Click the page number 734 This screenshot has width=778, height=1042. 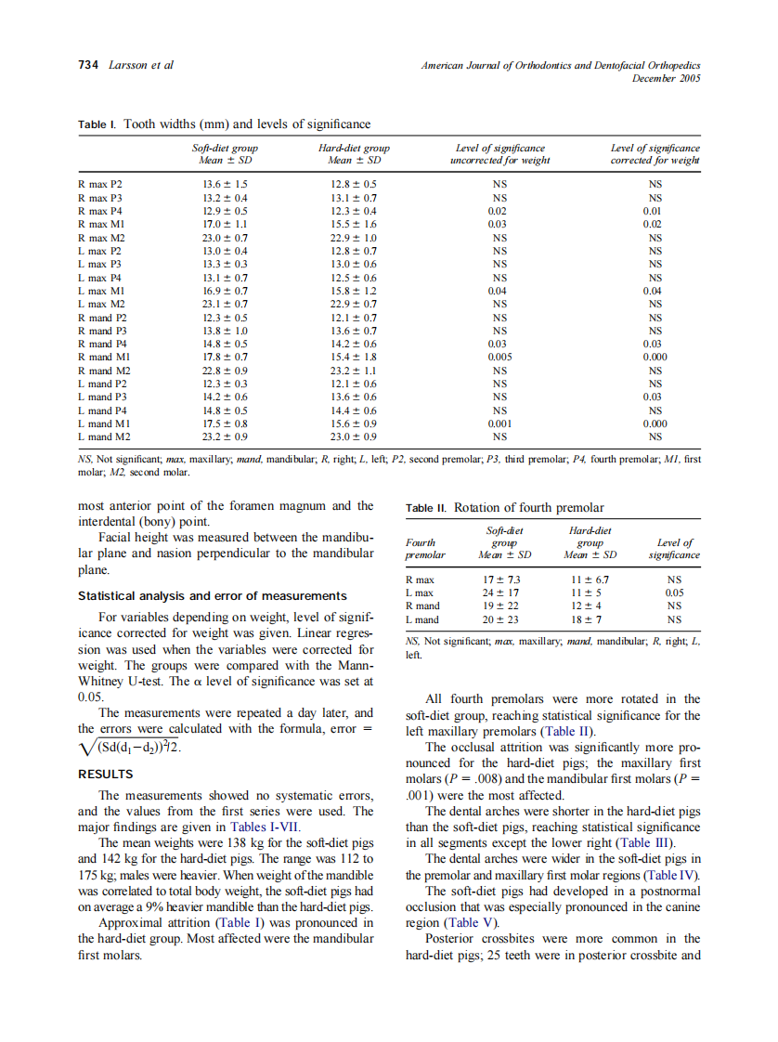(88, 65)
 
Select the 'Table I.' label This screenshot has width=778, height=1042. (97, 124)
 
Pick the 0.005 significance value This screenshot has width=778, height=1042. (499, 357)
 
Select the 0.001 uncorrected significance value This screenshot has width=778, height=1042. (499, 423)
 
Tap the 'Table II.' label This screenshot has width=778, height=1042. (427, 508)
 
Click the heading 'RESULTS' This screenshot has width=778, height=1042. (105, 774)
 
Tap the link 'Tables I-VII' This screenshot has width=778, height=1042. (280, 827)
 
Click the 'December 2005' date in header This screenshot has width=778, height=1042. (666, 78)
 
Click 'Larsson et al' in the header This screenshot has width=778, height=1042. (140, 65)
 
